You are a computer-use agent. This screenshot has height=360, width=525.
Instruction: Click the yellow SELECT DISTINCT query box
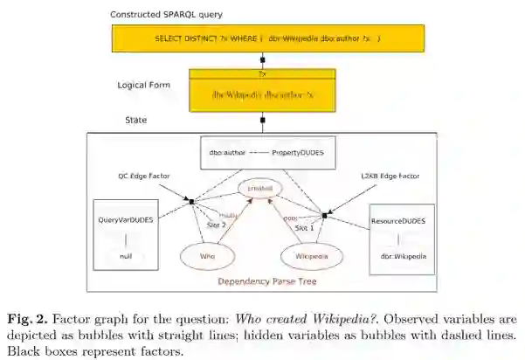pos(267,39)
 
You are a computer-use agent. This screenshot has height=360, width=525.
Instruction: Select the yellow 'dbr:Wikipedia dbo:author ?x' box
pos(262,93)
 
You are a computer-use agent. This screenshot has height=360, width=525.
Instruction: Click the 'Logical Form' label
pos(143,85)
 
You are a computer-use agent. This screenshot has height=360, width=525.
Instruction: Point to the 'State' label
pos(136,120)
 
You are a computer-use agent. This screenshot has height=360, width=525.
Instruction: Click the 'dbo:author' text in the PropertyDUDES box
pos(226,153)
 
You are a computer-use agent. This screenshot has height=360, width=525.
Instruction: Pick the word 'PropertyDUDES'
pos(298,153)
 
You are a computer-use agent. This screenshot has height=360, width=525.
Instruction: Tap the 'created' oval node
pos(260,188)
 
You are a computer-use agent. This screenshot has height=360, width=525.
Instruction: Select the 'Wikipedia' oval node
pos(310,255)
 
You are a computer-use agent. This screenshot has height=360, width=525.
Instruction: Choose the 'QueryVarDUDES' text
pos(126,219)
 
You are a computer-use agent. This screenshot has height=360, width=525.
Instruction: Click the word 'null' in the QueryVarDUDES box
pos(126,255)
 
